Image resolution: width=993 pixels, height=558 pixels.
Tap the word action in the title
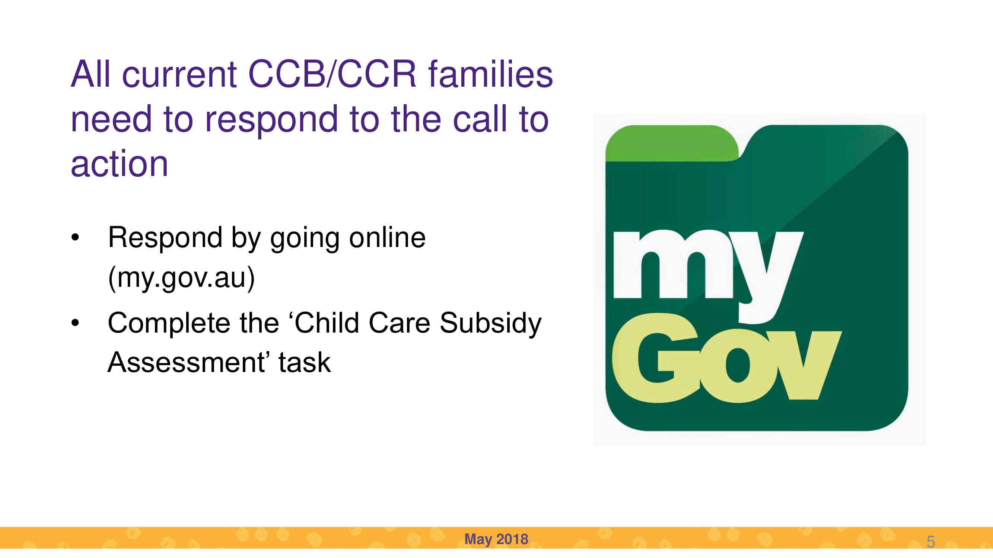tap(120, 164)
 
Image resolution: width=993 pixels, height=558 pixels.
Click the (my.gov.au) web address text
tap(181, 278)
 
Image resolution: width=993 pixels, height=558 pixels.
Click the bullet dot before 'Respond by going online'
tap(75, 237)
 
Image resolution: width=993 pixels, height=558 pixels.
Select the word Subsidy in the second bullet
tap(490, 324)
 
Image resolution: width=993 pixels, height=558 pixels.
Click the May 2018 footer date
tap(496, 539)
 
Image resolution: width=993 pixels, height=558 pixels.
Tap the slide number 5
tap(930, 542)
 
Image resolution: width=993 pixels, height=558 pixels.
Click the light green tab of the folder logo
tap(672, 143)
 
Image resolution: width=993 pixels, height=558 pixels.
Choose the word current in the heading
tap(179, 74)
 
